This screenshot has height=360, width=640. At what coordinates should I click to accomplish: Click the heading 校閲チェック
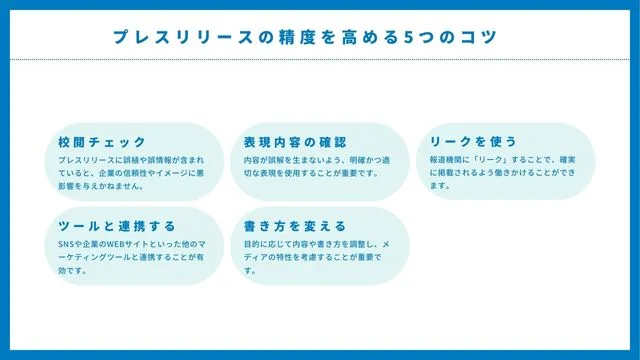click(x=102, y=142)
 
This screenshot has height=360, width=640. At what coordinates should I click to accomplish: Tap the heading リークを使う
click(x=473, y=142)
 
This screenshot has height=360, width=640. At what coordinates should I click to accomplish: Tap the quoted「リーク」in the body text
click(x=491, y=159)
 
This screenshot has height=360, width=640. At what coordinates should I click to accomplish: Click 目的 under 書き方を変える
click(x=251, y=243)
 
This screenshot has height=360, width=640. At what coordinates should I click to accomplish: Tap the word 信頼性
click(x=123, y=172)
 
